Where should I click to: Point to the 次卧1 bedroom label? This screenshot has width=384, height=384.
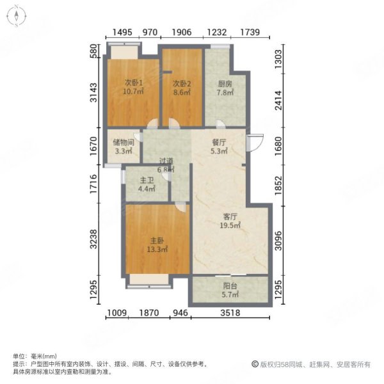tap(133, 82)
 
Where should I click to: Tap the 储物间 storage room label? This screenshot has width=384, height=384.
tap(123, 142)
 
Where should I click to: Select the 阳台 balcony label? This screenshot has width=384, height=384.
tap(230, 286)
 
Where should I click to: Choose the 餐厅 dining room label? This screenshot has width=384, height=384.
tap(220, 142)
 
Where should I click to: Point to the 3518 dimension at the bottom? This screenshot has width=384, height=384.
tap(229, 313)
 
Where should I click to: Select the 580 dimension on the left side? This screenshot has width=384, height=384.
tap(93, 51)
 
